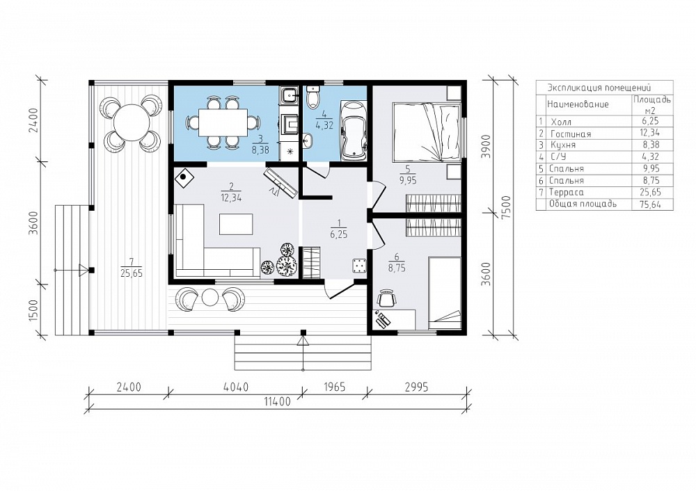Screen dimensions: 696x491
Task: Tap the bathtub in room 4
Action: (354, 130)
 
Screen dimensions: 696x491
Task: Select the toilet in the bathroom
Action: (313, 96)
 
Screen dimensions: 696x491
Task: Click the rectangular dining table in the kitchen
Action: (223, 122)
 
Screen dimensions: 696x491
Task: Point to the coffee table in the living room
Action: (236, 224)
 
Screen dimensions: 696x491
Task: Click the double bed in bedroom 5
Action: (426, 133)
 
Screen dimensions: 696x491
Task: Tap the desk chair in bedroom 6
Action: (386, 298)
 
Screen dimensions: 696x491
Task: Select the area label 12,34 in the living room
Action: (230, 198)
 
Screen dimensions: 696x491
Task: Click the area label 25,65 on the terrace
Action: (132, 273)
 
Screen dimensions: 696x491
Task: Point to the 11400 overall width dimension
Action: (278, 402)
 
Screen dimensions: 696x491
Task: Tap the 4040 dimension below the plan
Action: (235, 387)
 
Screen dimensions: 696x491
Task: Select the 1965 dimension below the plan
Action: (334, 387)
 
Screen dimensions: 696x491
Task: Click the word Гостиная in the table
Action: (571, 134)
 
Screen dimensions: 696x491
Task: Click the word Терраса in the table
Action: (567, 193)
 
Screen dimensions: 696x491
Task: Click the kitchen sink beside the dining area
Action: (290, 95)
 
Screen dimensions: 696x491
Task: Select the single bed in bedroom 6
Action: (444, 293)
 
